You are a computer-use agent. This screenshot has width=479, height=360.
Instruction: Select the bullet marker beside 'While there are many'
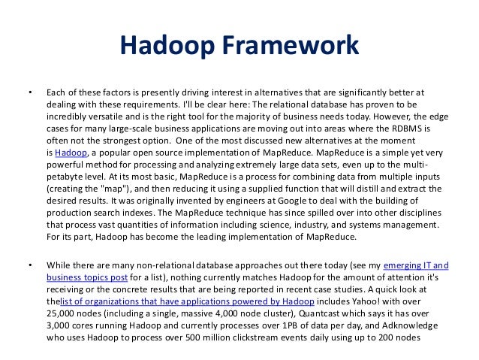pyautogui.click(x=30, y=265)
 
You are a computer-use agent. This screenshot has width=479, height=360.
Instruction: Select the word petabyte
pyautogui.click(x=65, y=177)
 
